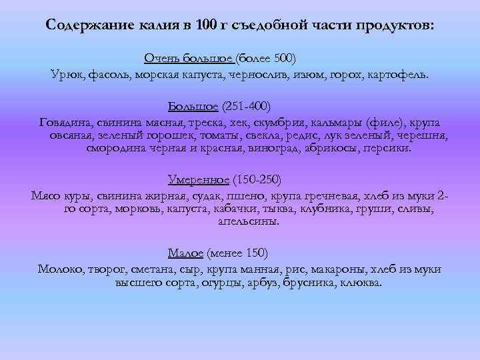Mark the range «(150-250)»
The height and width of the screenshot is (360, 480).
[257, 180]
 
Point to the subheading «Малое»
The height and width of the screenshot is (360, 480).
[185, 253]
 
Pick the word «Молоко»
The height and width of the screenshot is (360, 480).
[61, 269]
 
